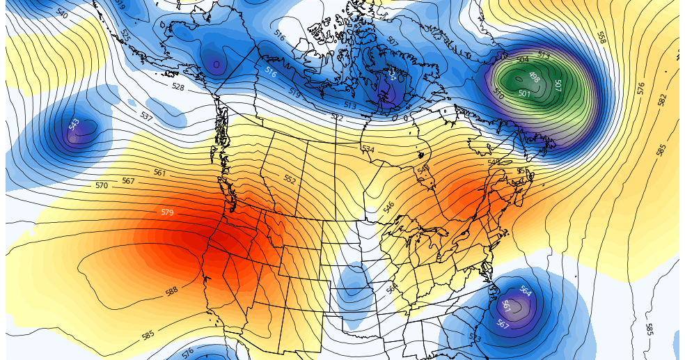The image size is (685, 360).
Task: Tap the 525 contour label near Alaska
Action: click(x=125, y=33)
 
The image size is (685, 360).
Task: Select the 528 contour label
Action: click(x=178, y=87)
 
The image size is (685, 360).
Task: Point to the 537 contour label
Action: click(x=146, y=116)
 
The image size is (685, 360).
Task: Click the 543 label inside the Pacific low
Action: click(x=74, y=125)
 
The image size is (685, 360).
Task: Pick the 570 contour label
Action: click(x=102, y=186)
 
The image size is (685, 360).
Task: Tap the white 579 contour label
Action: click(x=167, y=212)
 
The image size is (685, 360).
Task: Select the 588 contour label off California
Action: click(x=172, y=291)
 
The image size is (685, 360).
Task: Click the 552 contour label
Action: click(x=290, y=179)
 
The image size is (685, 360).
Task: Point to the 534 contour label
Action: click(x=368, y=149)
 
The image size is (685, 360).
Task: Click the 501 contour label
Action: click(x=524, y=93)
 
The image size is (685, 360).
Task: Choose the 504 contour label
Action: click(x=522, y=60)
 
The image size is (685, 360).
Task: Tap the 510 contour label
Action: click(x=498, y=93)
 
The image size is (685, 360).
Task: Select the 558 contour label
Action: click(x=601, y=37)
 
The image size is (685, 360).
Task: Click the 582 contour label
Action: click(x=661, y=100)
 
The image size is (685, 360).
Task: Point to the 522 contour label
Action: click(x=337, y=118)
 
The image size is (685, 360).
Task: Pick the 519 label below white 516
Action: click(x=294, y=93)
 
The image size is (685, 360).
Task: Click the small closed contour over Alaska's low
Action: click(x=216, y=64)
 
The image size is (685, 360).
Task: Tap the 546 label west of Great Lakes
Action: click(x=388, y=207)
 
